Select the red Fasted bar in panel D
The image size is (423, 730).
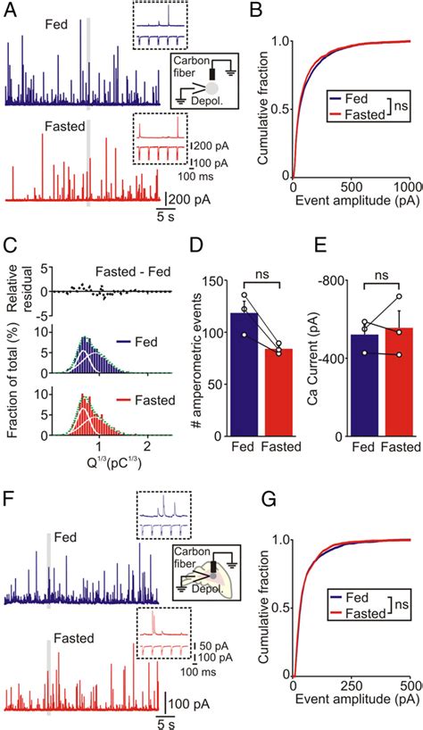click(x=255, y=392)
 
